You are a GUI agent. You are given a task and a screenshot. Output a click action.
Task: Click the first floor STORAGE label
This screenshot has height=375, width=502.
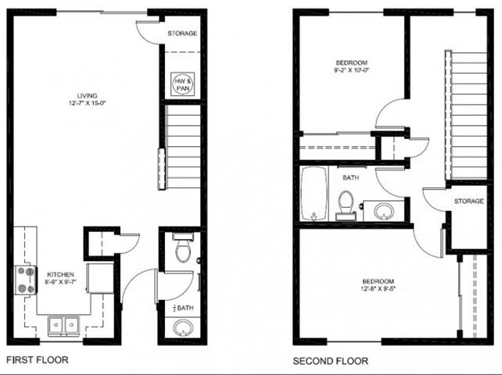click(182, 34)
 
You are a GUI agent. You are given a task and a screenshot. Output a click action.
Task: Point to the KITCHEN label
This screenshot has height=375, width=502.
click(60, 275)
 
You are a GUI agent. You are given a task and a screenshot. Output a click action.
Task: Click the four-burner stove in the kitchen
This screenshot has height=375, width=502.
click(26, 280)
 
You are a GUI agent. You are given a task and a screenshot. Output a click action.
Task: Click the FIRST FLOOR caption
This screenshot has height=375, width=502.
click(37, 360)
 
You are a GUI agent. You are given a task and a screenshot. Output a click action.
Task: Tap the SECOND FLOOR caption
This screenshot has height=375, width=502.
click(330, 361)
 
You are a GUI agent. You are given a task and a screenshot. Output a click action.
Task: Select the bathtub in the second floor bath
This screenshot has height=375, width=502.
click(312, 195)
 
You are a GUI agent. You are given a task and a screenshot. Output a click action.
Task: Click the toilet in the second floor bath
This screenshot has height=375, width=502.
click(346, 205)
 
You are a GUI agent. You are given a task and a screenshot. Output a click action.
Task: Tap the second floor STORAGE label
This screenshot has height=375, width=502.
click(468, 202)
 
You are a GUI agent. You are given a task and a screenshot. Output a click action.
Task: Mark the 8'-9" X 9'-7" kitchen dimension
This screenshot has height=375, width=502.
click(60, 284)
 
